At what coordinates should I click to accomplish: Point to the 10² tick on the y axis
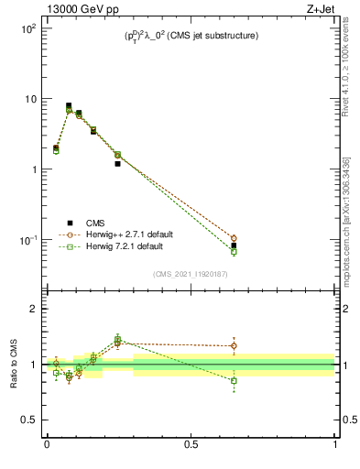(28, 28)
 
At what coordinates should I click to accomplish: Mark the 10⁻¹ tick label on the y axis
(28, 240)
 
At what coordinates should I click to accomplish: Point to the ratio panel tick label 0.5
(28, 420)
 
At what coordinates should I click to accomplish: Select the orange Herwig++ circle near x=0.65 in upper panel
(234, 238)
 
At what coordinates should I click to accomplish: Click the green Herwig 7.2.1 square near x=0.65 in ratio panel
(234, 380)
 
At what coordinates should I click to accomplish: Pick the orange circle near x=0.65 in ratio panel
(234, 346)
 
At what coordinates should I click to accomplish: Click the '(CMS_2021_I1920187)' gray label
(191, 273)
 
